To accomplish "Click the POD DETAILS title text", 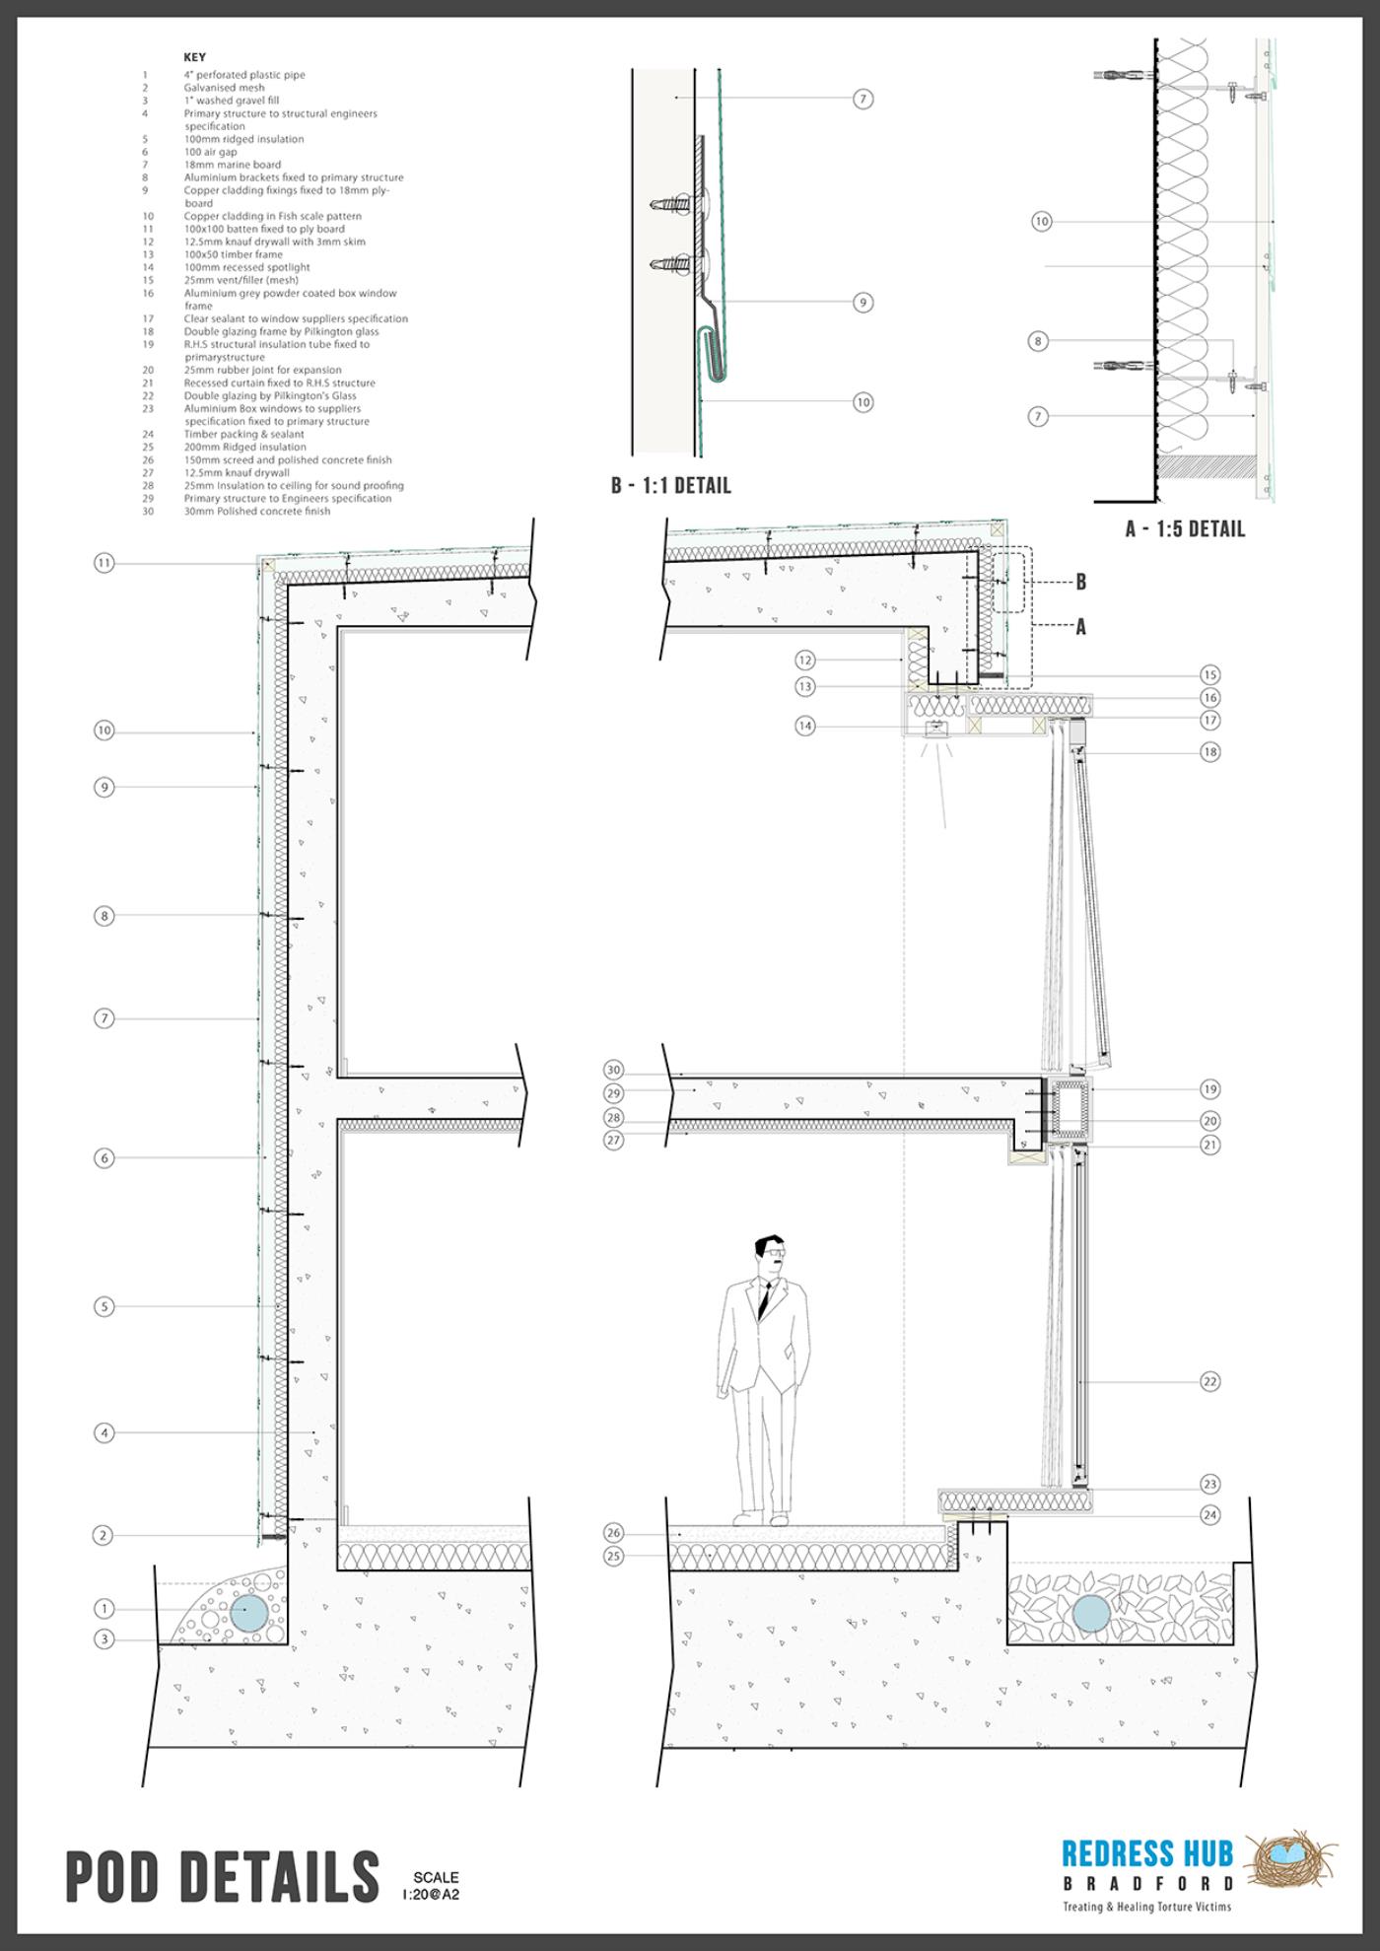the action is tap(222, 1877).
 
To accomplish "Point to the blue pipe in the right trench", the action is tap(1090, 1614).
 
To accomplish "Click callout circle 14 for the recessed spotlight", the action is tap(805, 727).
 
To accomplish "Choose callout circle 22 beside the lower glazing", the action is tap(1210, 1382).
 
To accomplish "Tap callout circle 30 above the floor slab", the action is tap(614, 1071).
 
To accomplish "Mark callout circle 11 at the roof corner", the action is tap(103, 563).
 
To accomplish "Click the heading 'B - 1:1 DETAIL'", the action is tap(670, 486).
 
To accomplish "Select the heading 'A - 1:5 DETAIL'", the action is tap(1185, 529).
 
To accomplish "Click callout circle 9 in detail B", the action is tap(862, 303).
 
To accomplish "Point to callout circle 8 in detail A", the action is tap(1037, 342).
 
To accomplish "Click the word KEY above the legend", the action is tap(194, 57).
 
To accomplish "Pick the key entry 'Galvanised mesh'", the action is tap(224, 88).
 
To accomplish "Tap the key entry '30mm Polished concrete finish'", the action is tap(256, 512).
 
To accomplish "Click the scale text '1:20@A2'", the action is tap(430, 1894).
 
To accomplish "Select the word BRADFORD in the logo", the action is tap(1147, 1885).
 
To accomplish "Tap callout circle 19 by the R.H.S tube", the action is tap(1210, 1089).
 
